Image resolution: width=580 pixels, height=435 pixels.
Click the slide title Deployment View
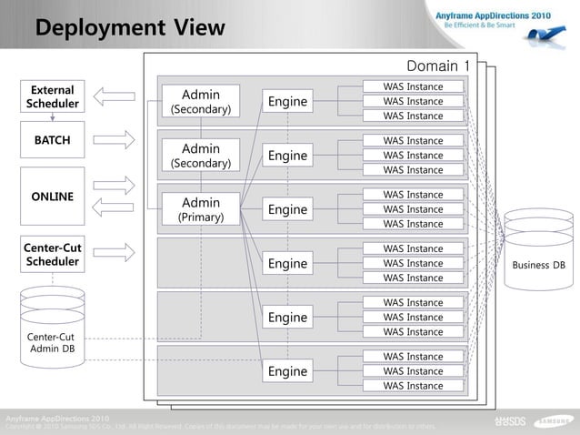(x=129, y=28)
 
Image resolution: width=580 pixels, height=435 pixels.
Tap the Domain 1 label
(x=438, y=66)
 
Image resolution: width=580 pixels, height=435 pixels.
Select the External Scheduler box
(x=53, y=97)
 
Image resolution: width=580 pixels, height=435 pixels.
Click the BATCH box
(x=53, y=140)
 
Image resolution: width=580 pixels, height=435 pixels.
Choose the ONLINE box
(x=53, y=196)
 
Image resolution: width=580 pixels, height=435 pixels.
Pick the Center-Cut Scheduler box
(x=53, y=255)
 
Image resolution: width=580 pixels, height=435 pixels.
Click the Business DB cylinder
(x=538, y=249)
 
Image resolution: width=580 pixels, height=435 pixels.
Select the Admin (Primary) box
(x=201, y=209)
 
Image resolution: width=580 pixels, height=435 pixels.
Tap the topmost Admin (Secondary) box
(x=201, y=101)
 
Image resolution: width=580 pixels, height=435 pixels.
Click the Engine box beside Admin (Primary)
(x=287, y=209)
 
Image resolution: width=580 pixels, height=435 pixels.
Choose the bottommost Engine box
(x=287, y=371)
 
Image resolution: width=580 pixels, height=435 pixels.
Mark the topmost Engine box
(x=287, y=101)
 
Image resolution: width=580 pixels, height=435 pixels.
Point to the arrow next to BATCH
(x=114, y=140)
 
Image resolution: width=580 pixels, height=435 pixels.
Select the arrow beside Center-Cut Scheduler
(x=114, y=252)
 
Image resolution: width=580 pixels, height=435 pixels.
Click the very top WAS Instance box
(x=413, y=87)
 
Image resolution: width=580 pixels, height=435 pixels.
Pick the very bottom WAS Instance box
(x=413, y=386)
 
